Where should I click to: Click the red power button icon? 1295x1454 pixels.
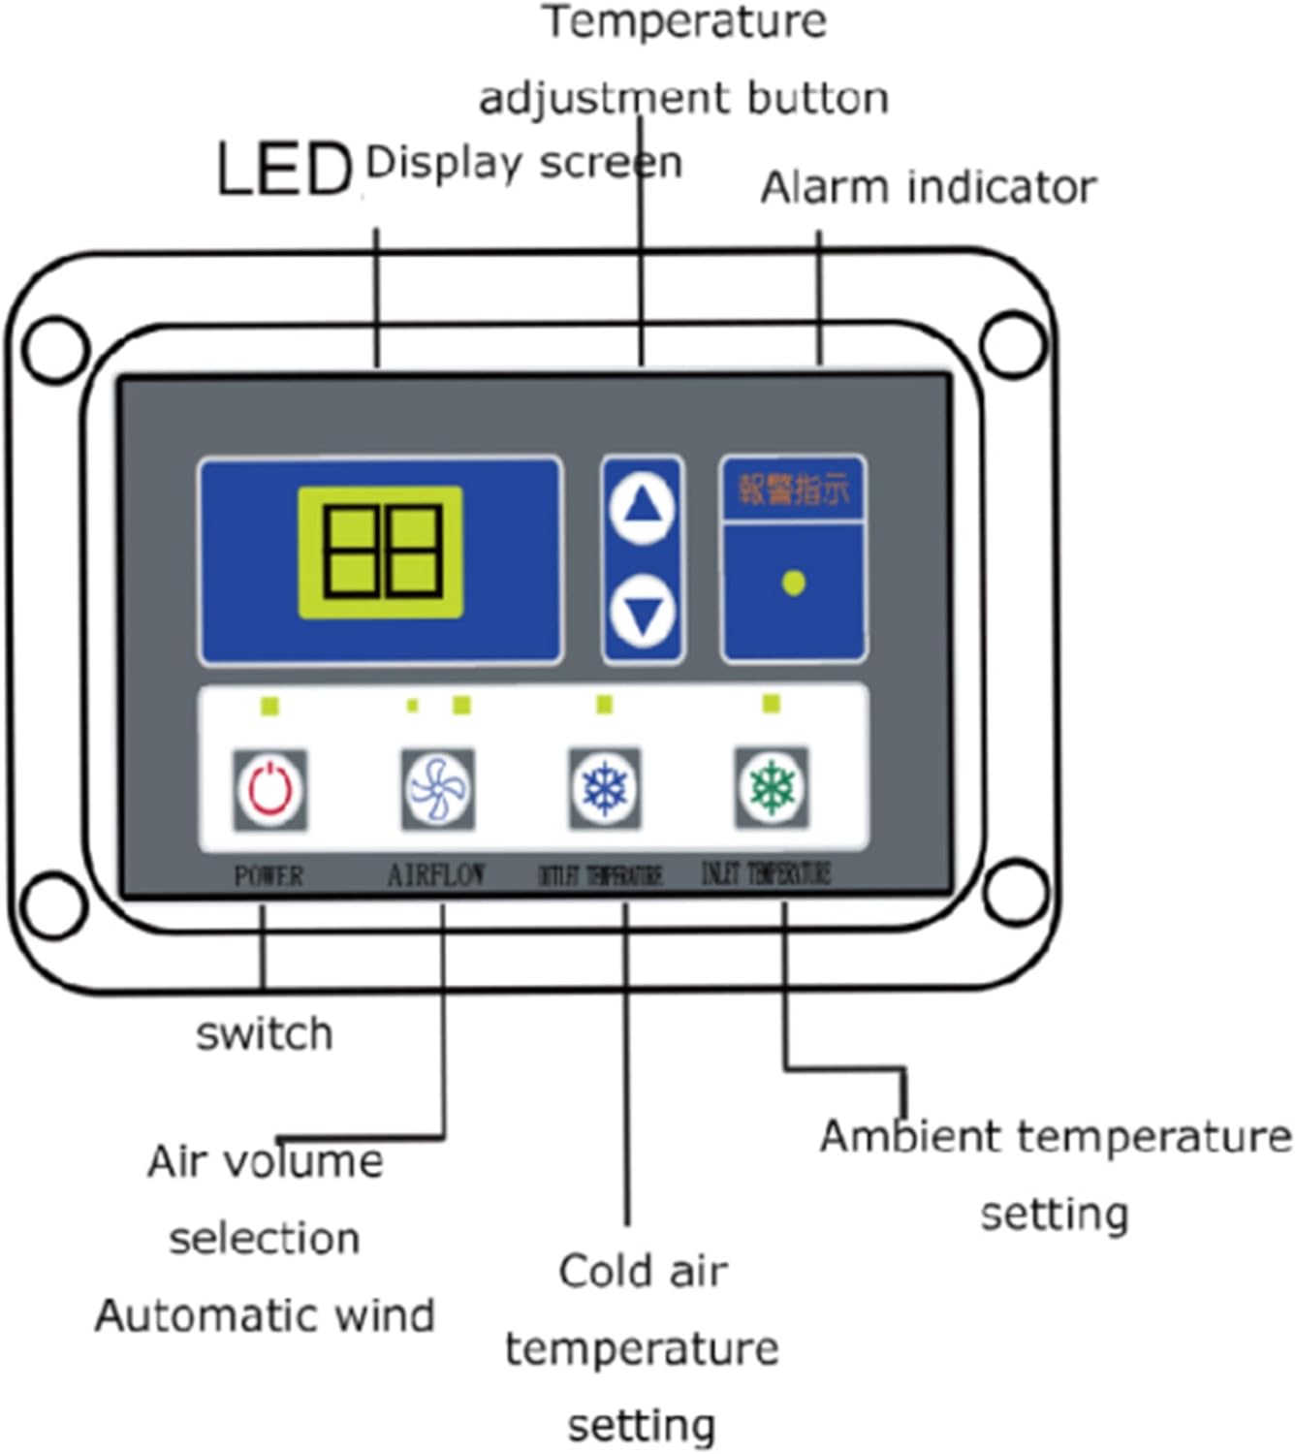(269, 789)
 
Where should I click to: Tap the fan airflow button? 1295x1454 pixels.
(437, 789)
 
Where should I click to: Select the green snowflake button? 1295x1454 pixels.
(772, 787)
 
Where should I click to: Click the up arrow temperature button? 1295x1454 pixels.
(642, 506)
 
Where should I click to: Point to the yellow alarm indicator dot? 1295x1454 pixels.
(793, 583)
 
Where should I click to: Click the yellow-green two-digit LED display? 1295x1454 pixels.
(380, 553)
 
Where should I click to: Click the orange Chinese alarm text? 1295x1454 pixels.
(793, 490)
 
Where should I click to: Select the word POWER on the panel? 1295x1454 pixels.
(268, 876)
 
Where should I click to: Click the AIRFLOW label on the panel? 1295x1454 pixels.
(436, 875)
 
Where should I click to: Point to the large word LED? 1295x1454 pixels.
(283, 170)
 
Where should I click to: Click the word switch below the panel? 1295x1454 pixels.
(264, 1034)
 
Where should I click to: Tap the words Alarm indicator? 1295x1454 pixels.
(928, 187)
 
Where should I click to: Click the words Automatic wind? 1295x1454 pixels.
(264, 1315)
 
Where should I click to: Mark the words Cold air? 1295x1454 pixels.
(642, 1271)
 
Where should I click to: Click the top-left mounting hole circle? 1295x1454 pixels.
(54, 348)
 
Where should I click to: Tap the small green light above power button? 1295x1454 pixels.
(270, 707)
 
